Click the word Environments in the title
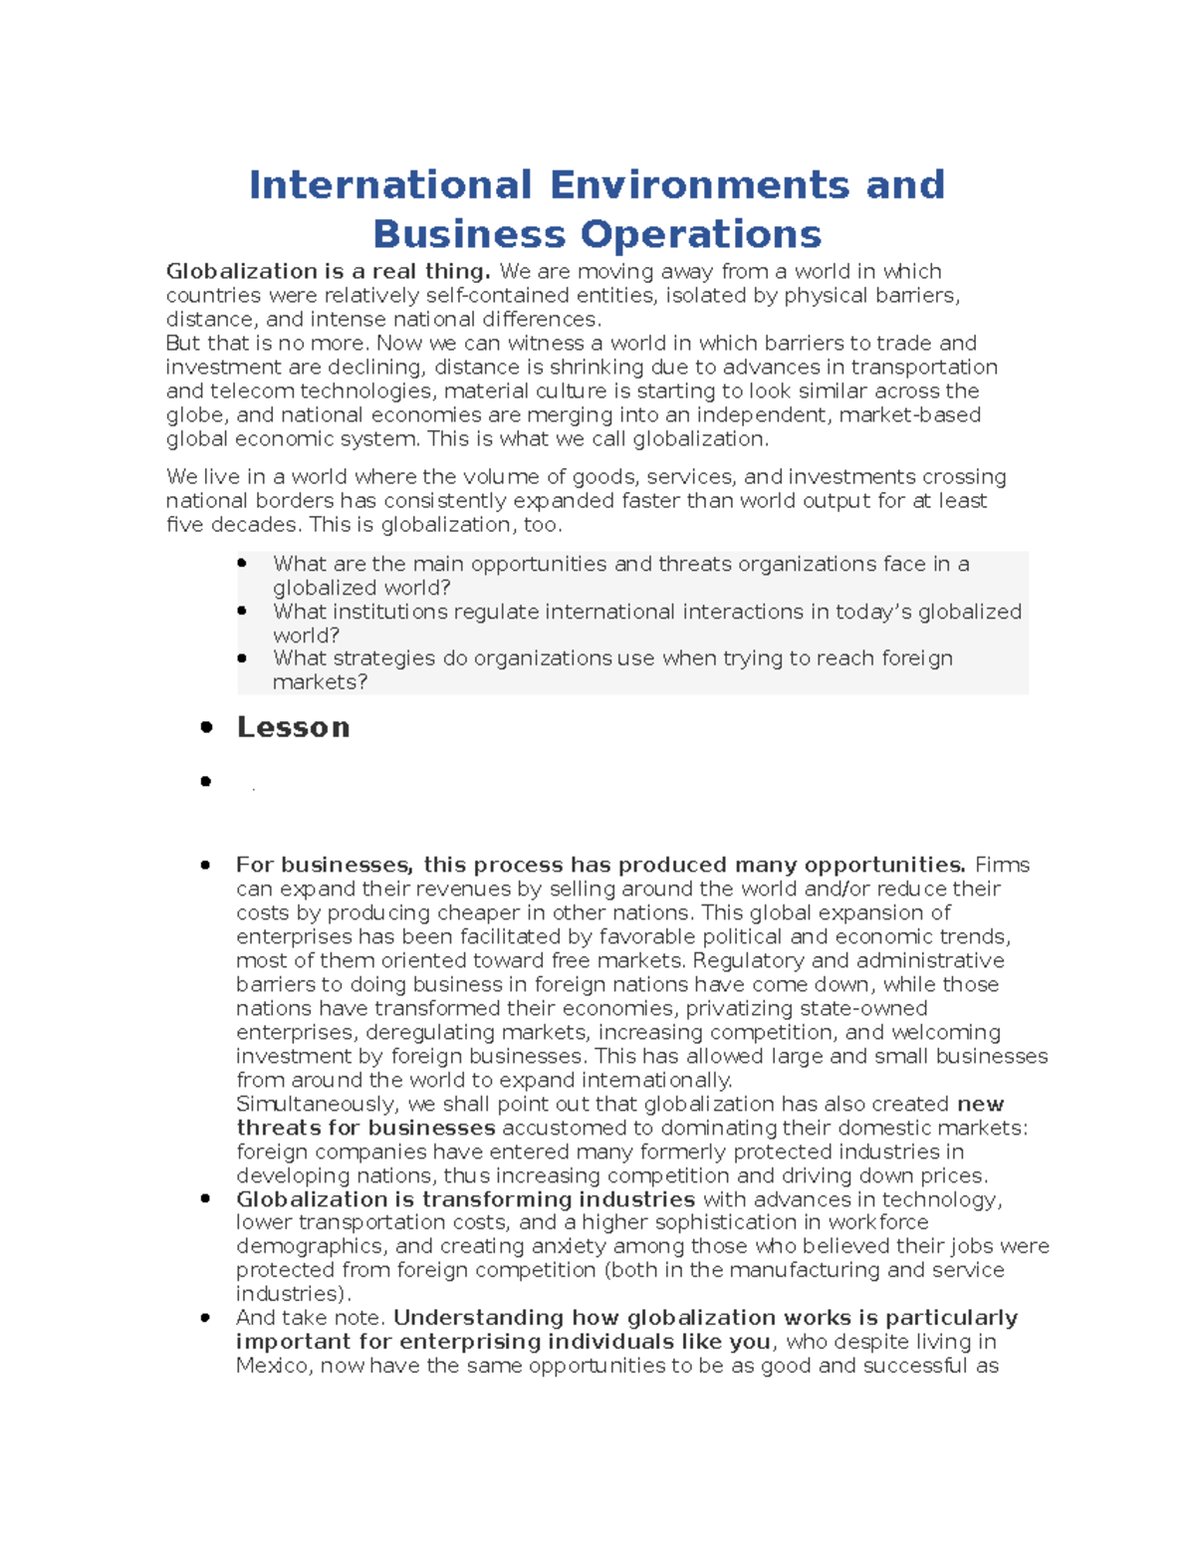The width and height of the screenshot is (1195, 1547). [x=699, y=185]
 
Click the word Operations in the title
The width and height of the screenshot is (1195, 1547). [x=701, y=235]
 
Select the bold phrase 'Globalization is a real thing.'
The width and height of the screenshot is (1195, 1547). [x=329, y=271]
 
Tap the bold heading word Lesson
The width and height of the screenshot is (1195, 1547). [x=293, y=727]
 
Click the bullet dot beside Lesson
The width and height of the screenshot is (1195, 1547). [x=206, y=727]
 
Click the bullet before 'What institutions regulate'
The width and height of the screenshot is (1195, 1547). [x=242, y=612]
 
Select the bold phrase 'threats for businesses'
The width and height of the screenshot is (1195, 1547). [x=365, y=1128]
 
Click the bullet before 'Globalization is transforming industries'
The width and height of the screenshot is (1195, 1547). [x=206, y=1199]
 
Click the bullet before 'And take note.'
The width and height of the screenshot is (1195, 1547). [x=206, y=1318]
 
